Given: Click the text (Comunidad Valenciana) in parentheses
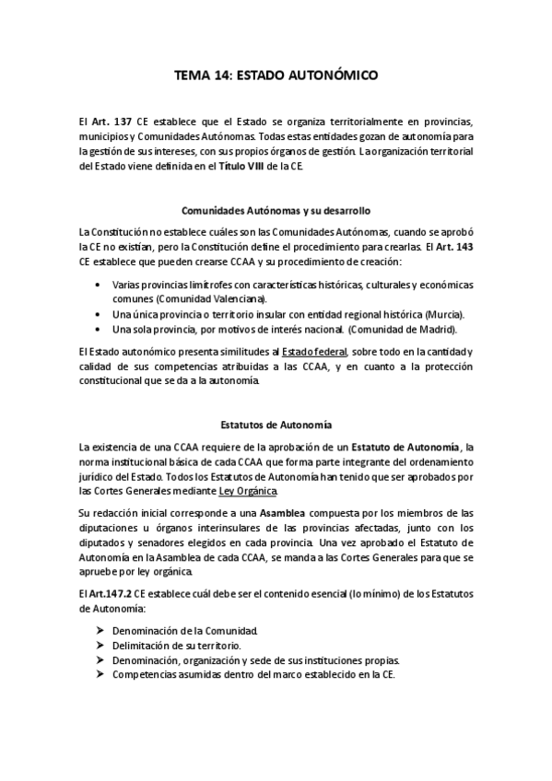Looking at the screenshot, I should coord(211,298).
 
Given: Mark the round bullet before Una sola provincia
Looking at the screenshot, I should coord(99,328).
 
